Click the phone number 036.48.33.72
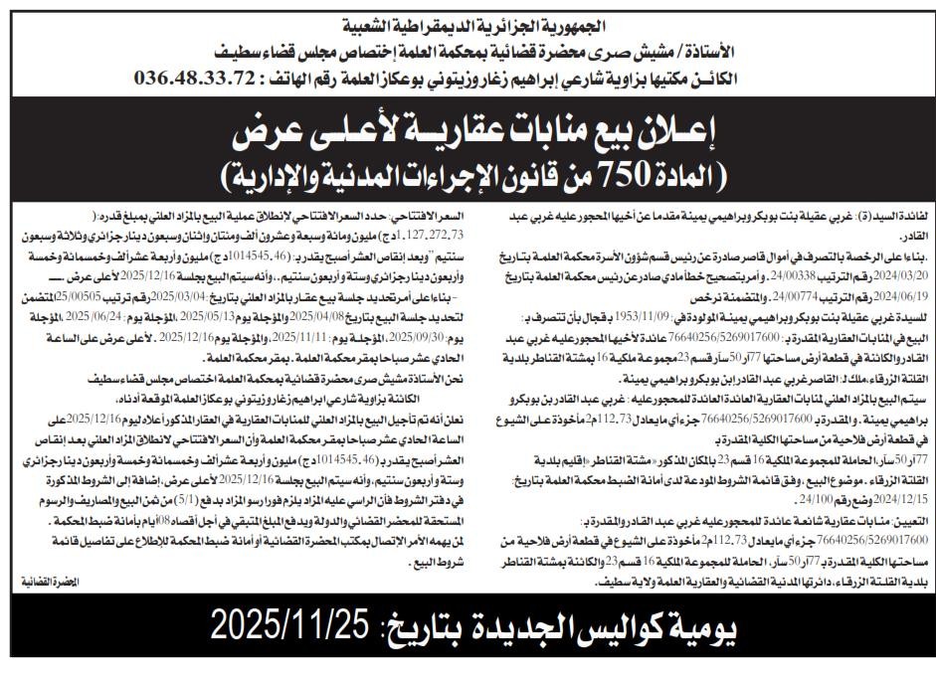point(202,76)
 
